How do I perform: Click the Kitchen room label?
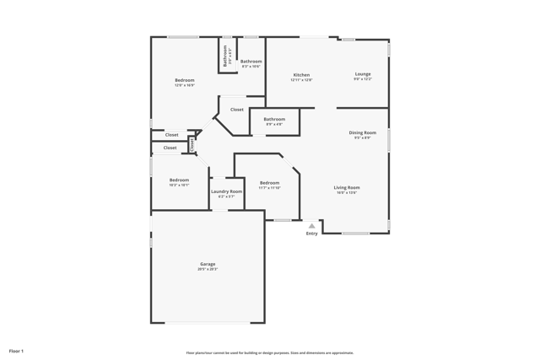[301, 75]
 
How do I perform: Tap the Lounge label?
[363, 74]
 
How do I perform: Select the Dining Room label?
[363, 132]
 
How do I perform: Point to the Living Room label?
[347, 187]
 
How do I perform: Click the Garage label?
[208, 264]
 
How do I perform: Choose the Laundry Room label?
[226, 191]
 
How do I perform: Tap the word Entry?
[312, 234]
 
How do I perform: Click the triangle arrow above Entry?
[312, 226]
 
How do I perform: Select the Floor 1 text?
[16, 351]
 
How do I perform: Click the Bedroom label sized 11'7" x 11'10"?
[269, 183]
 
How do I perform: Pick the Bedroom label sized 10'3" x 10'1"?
[179, 180]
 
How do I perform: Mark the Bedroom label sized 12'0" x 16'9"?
[184, 80]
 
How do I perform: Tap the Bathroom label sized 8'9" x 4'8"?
[274, 119]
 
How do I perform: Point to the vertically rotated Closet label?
[192, 144]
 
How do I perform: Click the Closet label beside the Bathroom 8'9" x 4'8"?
[237, 110]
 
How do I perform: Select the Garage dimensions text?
[208, 269]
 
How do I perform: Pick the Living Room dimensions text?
[347, 192]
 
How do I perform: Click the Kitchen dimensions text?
[301, 80]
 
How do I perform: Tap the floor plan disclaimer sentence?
[270, 352]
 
